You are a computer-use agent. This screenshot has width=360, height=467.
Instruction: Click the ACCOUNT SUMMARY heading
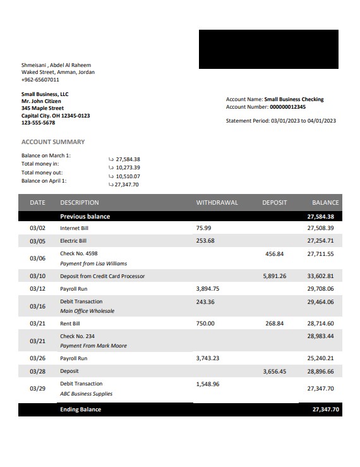pyautogui.click(x=53, y=142)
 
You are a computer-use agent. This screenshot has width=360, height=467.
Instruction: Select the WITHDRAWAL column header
pyautogui.click(x=217, y=203)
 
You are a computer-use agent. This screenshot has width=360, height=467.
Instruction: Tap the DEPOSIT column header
pyautogui.click(x=274, y=203)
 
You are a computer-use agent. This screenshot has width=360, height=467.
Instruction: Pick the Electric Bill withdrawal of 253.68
pyautogui.click(x=205, y=241)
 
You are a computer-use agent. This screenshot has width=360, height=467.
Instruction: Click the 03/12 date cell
pyautogui.click(x=37, y=289)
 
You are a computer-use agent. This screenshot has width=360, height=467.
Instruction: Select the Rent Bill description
pyautogui.click(x=70, y=324)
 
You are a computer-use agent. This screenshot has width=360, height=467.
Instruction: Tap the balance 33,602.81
pyautogui.click(x=320, y=276)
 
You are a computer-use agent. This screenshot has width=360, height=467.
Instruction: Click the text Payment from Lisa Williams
pyautogui.click(x=93, y=264)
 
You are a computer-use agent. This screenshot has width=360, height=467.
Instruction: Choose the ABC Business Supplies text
pyautogui.click(x=86, y=394)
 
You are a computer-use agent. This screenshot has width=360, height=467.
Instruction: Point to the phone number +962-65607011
pyautogui.click(x=40, y=80)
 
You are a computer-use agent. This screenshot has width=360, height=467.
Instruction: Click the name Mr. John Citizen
pyautogui.click(x=41, y=101)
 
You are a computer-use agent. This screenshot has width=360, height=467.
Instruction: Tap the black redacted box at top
pyautogui.click(x=268, y=49)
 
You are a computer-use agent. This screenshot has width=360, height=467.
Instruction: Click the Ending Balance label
pyautogui.click(x=80, y=409)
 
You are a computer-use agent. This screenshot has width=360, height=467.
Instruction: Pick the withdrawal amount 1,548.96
pyautogui.click(x=208, y=384)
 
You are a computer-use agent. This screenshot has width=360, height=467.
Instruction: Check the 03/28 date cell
pyautogui.click(x=37, y=372)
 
